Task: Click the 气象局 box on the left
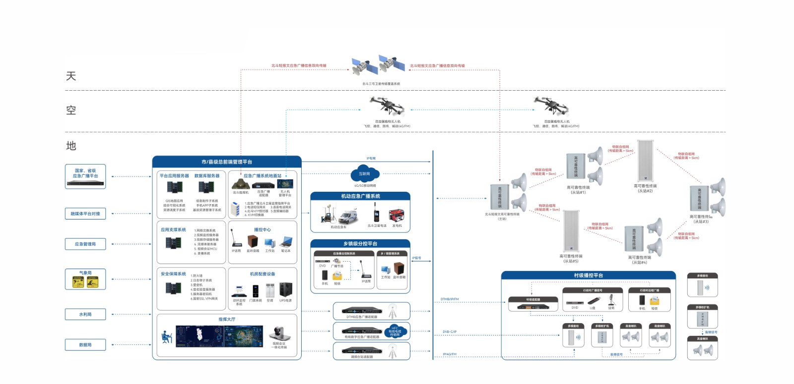pyautogui.click(x=85, y=279)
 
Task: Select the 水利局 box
pyautogui.click(x=85, y=314)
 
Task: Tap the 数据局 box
pyautogui.click(x=85, y=344)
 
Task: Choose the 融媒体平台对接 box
pyautogui.click(x=85, y=214)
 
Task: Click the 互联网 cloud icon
pyautogui.click(x=365, y=174)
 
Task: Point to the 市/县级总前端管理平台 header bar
pyautogui.click(x=227, y=162)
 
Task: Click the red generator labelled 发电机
pyautogui.click(x=397, y=216)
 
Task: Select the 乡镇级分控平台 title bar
pyautogui.click(x=360, y=243)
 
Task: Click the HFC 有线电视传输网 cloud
pyautogui.click(x=395, y=331)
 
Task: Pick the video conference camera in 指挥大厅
pyautogui.click(x=276, y=334)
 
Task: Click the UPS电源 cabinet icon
pyautogui.click(x=286, y=289)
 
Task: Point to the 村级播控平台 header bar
pyautogui.click(x=589, y=275)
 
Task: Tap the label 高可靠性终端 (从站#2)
pyautogui.click(x=645, y=188)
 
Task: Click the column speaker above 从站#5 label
pyautogui.click(x=571, y=230)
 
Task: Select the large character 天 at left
pyautogui.click(x=71, y=76)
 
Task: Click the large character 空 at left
pyautogui.click(x=71, y=110)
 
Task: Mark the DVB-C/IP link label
pyautogui.click(x=450, y=331)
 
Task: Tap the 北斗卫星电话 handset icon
pyautogui.click(x=376, y=215)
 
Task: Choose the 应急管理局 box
pyautogui.click(x=85, y=244)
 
